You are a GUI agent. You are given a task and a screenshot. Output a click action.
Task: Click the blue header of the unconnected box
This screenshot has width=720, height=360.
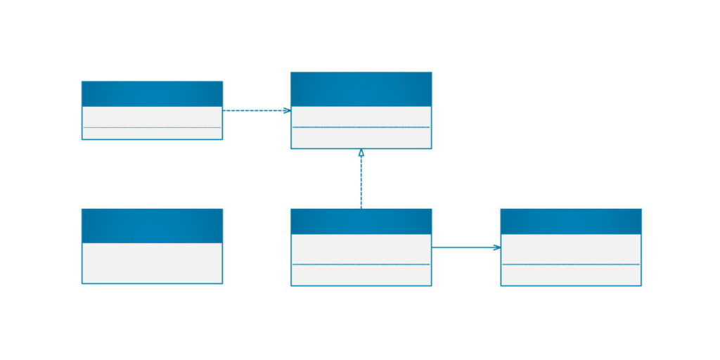[x=152, y=225]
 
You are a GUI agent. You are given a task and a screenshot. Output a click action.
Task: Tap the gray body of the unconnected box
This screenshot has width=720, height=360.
[x=152, y=263]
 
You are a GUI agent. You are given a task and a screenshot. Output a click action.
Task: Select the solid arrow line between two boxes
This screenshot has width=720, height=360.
[x=464, y=247]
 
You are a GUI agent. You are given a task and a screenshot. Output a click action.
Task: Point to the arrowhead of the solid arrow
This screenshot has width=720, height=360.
[x=497, y=247]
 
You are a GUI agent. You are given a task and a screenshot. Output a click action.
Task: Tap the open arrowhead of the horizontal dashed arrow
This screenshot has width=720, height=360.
[x=287, y=110]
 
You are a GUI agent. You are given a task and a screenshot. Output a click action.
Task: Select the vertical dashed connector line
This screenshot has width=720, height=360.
[x=361, y=183]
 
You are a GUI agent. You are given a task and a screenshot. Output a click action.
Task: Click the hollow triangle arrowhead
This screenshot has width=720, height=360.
[x=361, y=153]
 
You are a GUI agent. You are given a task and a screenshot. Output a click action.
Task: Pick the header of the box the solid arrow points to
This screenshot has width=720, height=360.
[x=571, y=221]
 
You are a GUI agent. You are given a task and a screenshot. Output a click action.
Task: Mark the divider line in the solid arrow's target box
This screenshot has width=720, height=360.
[x=571, y=264]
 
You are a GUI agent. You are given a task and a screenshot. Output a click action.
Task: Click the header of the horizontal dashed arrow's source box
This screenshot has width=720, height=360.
[x=152, y=94]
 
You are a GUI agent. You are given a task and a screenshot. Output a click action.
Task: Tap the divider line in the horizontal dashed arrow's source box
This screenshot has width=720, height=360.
[x=152, y=127]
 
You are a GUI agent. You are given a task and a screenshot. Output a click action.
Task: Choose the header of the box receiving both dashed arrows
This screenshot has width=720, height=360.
[x=361, y=89]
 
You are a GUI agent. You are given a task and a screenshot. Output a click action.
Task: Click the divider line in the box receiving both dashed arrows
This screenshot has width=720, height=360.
[x=361, y=127]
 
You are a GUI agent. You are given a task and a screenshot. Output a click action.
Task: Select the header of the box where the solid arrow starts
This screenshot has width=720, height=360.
[x=361, y=221]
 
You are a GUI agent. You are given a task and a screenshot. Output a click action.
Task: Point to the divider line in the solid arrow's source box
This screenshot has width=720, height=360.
[x=361, y=264]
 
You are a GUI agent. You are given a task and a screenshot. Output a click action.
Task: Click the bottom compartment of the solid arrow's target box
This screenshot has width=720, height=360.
[x=571, y=275]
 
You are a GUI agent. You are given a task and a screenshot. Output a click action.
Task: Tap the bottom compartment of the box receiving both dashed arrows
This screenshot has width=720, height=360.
[x=361, y=138]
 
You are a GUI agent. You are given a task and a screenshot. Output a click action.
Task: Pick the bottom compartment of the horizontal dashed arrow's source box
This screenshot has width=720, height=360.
[x=152, y=133]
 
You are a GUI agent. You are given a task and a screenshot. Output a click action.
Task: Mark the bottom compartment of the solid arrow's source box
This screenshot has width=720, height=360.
[x=361, y=275]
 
